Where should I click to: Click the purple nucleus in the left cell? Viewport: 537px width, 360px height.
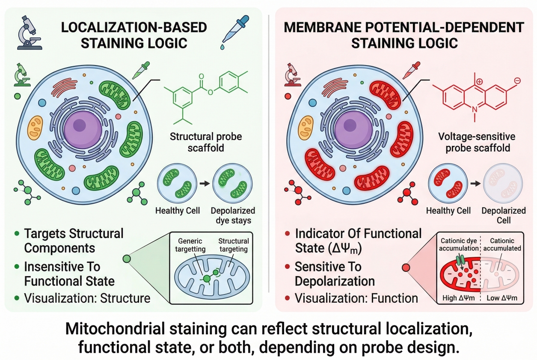click(80, 126)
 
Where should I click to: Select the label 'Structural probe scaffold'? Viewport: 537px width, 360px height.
click(205, 143)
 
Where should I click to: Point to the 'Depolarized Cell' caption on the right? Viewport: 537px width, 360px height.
click(503, 216)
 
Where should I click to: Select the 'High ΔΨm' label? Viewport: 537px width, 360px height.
click(456, 298)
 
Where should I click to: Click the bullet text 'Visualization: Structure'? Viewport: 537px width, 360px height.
click(87, 298)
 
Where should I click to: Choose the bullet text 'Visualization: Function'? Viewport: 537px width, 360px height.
click(356, 298)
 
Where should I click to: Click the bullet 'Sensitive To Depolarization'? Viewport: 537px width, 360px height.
click(335, 274)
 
